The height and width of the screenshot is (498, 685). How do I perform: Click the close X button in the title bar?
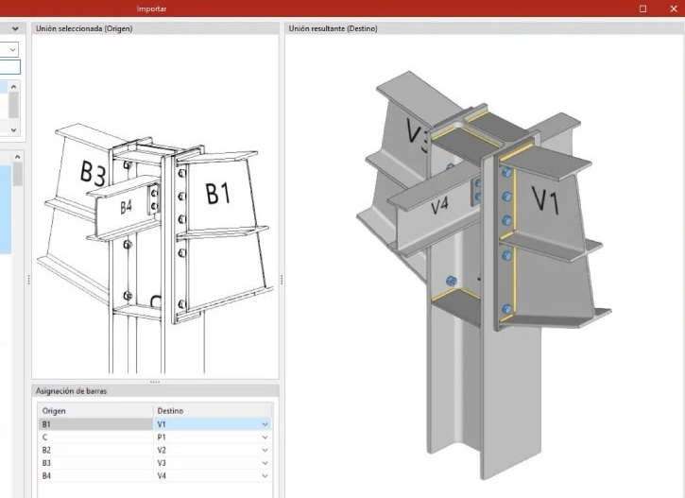click(x=674, y=9)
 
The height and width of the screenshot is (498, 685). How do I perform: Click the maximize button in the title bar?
click(x=642, y=9)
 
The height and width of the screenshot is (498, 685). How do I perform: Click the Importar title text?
click(x=151, y=9)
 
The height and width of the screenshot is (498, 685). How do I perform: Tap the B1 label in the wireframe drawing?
click(x=217, y=194)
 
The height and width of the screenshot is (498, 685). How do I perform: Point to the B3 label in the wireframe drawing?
click(x=93, y=173)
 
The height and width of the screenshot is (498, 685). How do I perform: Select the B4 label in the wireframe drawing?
click(x=127, y=207)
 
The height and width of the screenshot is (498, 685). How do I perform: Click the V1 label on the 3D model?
click(x=545, y=200)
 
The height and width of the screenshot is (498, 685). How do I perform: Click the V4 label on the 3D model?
click(x=439, y=205)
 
